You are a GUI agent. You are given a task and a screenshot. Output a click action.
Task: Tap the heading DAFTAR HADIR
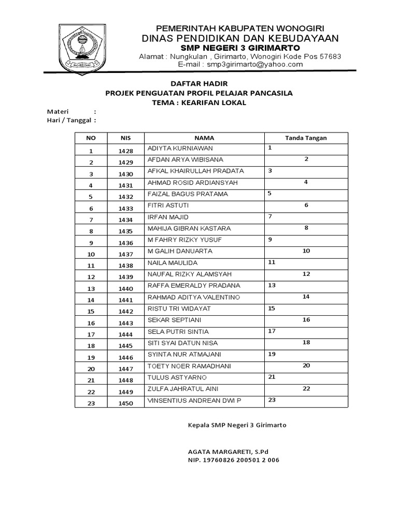tap(199, 83)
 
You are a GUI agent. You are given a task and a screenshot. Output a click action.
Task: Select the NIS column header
tap(125, 138)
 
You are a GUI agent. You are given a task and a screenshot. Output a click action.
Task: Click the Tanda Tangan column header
tap(306, 138)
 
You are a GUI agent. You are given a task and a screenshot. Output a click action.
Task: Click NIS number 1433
tap(125, 208)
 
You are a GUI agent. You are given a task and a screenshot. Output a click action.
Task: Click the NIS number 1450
tap(125, 403)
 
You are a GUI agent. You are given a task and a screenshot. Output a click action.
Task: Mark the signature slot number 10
tap(306, 251)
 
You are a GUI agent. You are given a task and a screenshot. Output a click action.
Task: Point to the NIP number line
tap(233, 459)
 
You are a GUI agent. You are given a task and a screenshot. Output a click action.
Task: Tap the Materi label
tap(60, 111)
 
